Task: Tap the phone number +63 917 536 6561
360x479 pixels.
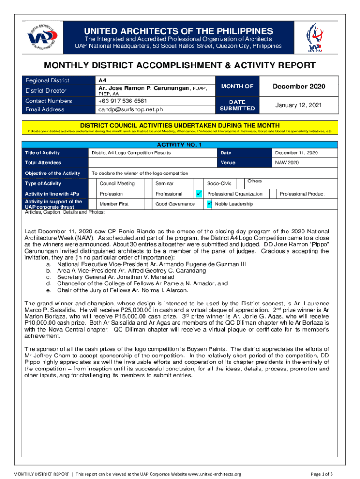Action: pyautogui.click(x=122, y=101)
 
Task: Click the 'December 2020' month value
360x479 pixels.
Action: pyautogui.click(x=299, y=87)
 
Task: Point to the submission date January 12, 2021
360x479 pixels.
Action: pyautogui.click(x=298, y=105)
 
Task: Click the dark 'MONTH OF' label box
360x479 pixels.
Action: pyautogui.click(x=238, y=86)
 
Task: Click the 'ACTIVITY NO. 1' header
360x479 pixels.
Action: pyautogui.click(x=180, y=145)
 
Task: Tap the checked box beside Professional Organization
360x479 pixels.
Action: pyautogui.click(x=199, y=194)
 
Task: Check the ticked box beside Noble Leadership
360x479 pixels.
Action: pyautogui.click(x=209, y=204)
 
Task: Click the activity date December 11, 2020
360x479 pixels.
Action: pyautogui.click(x=296, y=153)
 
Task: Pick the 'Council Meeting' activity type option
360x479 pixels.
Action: pyautogui.click(x=117, y=183)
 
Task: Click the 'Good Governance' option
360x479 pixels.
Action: pyautogui.click(x=175, y=204)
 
